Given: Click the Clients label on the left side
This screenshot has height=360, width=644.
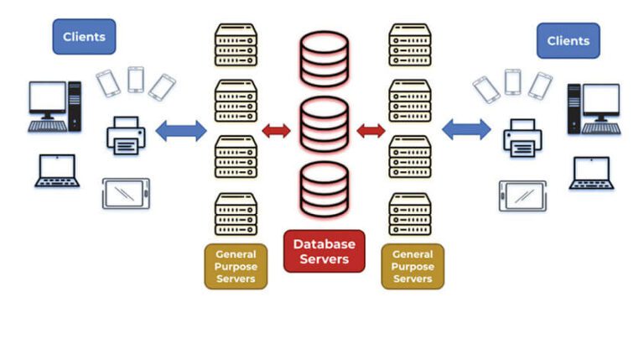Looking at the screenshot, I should click(84, 37).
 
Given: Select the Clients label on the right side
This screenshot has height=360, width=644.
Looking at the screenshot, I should click(568, 40).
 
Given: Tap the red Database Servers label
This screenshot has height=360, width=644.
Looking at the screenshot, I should click(324, 251).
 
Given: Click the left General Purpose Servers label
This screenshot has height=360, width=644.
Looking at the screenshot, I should click(236, 266).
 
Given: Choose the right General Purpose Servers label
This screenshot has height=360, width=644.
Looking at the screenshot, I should click(413, 266).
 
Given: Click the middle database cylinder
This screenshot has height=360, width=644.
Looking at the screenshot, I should click(324, 124).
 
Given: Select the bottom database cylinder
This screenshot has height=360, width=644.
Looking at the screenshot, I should click(324, 190).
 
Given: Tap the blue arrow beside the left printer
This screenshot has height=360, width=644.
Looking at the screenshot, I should click(181, 130).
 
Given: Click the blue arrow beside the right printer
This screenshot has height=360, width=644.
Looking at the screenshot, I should click(466, 129).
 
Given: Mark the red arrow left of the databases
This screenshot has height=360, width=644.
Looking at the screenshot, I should click(276, 130).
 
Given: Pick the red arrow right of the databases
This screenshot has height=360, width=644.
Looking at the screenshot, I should click(371, 130).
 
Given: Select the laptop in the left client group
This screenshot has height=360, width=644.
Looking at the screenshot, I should click(56, 170).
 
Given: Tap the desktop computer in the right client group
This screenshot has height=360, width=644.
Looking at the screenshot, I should click(594, 107).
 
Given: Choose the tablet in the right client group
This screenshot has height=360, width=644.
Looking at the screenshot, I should click(522, 195).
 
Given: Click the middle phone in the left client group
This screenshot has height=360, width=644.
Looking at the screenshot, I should click(135, 80).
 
